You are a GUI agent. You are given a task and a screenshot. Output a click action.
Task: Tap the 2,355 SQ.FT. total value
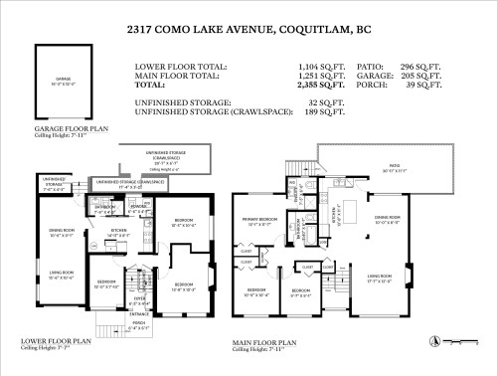pos(313,86)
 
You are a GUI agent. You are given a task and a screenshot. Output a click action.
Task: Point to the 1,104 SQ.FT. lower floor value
pos(313,66)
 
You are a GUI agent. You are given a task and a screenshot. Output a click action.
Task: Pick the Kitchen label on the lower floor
pos(120,231)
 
